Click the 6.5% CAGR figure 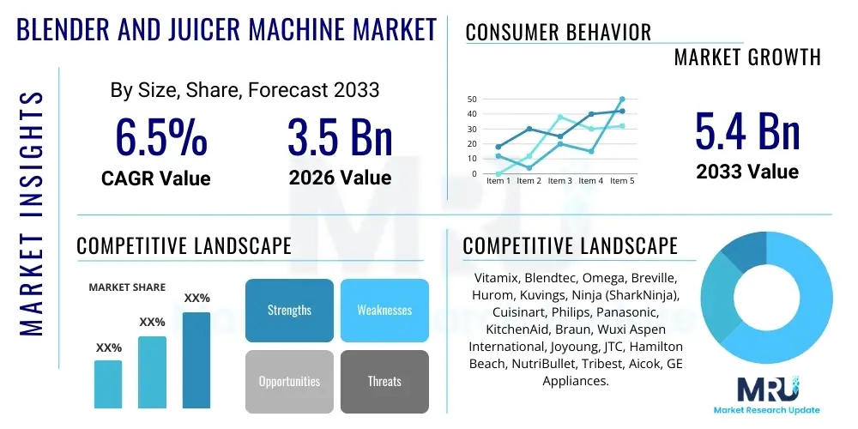(x=160, y=137)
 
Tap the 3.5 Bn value (x=340, y=137)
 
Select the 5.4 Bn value (x=747, y=131)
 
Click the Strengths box (x=289, y=310)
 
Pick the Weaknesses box (x=384, y=310)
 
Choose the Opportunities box (x=289, y=381)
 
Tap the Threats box (x=384, y=381)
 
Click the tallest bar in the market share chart (x=196, y=360)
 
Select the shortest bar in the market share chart (x=108, y=384)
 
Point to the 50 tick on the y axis (x=472, y=100)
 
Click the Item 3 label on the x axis (x=560, y=181)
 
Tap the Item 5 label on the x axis (x=621, y=181)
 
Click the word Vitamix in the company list (x=497, y=279)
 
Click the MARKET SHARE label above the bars (x=127, y=287)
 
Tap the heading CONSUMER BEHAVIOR (x=559, y=33)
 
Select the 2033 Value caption (x=747, y=171)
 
